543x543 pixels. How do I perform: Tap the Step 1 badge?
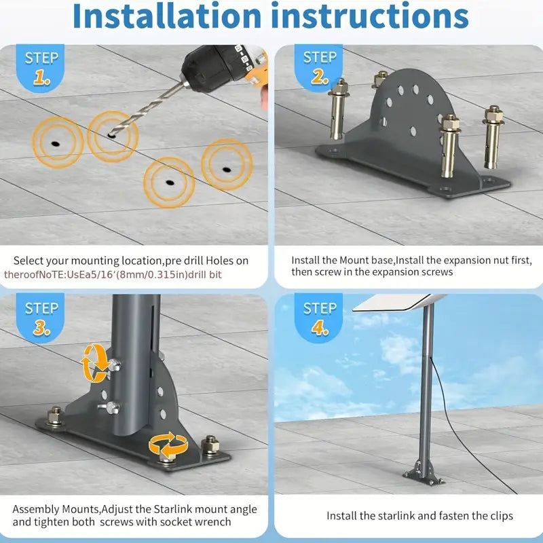(x=42, y=68)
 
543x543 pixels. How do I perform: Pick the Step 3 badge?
(x=42, y=318)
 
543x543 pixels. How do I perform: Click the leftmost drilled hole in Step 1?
(x=54, y=143)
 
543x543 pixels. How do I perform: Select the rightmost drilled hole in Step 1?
(x=227, y=168)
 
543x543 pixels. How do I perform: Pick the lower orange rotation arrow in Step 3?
(x=168, y=445)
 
